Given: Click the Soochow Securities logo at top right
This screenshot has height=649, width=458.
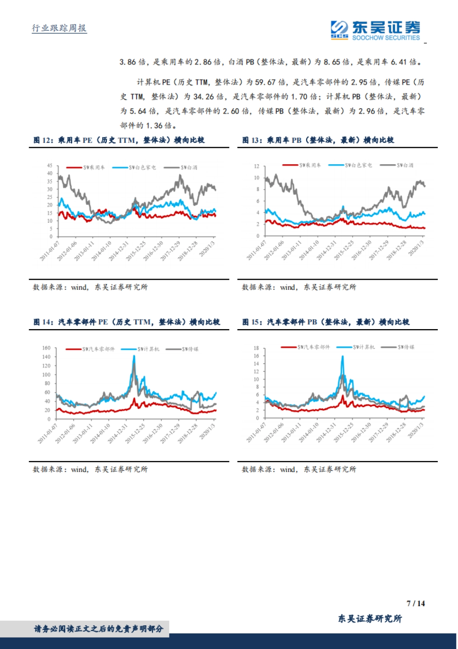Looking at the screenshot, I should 376,31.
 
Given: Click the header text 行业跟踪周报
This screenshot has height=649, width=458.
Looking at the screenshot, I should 59,28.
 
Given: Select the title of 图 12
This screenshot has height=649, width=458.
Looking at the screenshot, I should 119,140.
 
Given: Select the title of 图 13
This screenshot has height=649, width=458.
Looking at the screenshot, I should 318,140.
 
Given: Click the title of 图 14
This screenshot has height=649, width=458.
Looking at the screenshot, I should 127,322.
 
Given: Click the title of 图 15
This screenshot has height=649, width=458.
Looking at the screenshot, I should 326,322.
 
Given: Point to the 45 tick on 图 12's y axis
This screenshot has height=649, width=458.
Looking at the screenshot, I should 50,165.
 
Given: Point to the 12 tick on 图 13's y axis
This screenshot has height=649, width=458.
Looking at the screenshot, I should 257,166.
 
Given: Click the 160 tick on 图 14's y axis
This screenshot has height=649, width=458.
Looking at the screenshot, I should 46,348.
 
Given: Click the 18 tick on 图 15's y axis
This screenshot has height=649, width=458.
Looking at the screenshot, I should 256,348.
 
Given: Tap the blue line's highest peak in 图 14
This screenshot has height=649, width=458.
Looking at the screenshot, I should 134,356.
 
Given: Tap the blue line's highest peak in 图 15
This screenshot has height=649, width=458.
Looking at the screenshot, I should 342,356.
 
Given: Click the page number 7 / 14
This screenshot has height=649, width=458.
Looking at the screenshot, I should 416,604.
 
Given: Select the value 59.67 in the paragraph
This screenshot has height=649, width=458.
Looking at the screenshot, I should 265,82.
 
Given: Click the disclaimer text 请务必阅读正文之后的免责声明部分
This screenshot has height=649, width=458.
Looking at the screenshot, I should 98,629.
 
